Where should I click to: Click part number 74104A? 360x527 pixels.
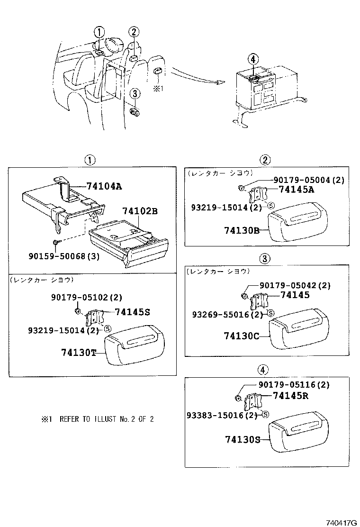point(104,186)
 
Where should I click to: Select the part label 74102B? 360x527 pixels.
point(139,211)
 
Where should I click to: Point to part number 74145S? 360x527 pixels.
point(133,312)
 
